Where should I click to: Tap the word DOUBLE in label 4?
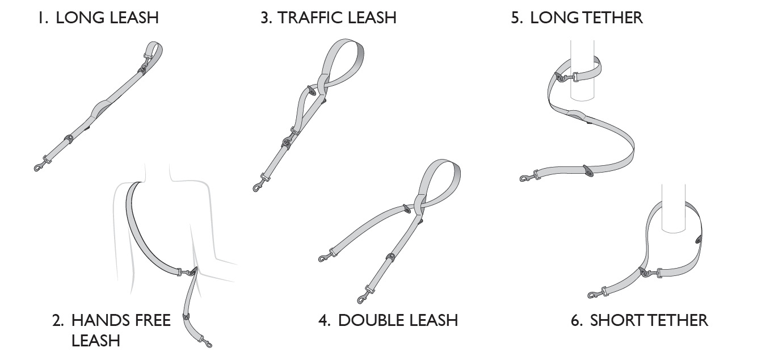[x=367, y=320]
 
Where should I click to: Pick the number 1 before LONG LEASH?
[x=40, y=17]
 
